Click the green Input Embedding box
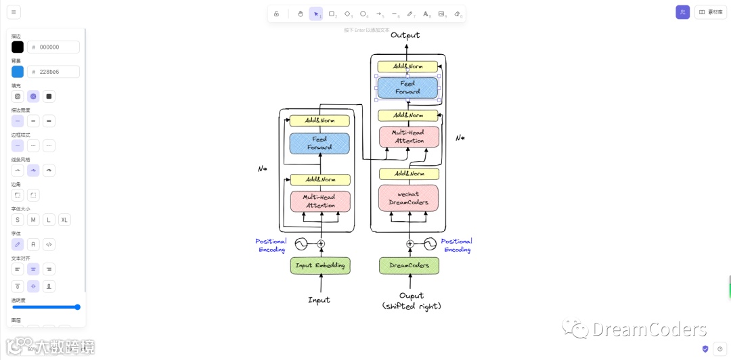pos(320,265)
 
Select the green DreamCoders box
pos(409,265)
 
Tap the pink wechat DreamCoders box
pos(408,198)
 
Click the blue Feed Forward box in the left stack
pos(319,143)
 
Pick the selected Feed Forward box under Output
pos(407,87)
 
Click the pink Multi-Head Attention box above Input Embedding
pos(320,201)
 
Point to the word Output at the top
pos(405,35)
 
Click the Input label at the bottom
pos(319,300)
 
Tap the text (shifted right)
pos(412,307)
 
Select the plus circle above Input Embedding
pos(321,244)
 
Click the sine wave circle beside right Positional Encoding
pos(430,244)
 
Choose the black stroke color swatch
pos(18,47)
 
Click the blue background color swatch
pos(18,72)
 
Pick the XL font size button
pos(64,220)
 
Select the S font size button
pos(18,220)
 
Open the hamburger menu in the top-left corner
pos(14,12)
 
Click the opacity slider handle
pos(77,307)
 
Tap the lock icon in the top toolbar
pos(276,14)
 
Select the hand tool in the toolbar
pos(301,14)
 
